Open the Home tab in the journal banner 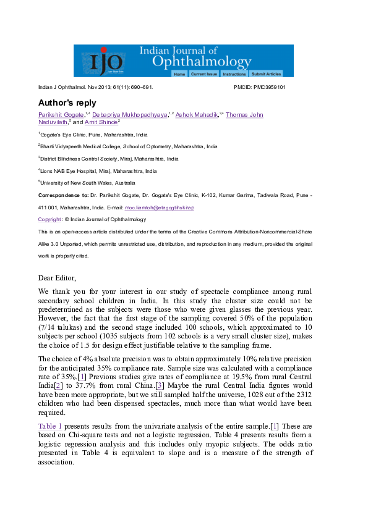(179, 73)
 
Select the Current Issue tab (203, 73)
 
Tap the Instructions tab (234, 73)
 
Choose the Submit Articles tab (266, 73)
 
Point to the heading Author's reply (67, 103)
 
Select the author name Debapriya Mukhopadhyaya (129, 115)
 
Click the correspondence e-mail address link (160, 208)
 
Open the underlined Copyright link (49, 219)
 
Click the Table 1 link (50, 426)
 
